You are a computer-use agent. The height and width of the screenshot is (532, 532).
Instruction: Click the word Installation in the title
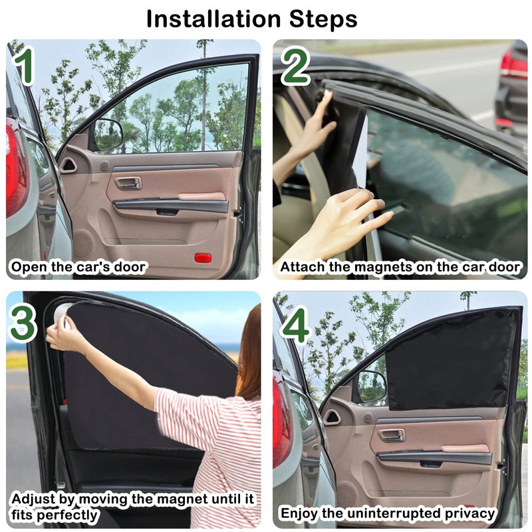click(x=213, y=19)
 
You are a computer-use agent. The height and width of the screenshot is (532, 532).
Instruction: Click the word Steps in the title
click(x=323, y=19)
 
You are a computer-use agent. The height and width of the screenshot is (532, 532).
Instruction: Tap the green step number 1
click(x=24, y=65)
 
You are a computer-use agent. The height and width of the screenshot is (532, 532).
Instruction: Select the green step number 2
click(x=295, y=66)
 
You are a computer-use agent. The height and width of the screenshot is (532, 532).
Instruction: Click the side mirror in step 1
click(x=108, y=134)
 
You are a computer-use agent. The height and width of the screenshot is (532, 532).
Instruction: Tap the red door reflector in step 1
click(x=203, y=257)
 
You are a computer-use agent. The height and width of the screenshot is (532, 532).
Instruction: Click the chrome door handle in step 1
click(x=128, y=184)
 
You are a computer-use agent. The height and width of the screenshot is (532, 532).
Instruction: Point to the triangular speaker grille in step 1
click(x=68, y=165)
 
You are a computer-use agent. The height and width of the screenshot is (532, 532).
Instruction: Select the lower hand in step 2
click(x=350, y=217)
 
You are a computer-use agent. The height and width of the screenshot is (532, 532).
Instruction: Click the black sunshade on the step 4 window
click(x=453, y=360)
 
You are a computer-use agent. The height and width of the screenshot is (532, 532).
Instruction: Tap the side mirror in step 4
click(x=371, y=388)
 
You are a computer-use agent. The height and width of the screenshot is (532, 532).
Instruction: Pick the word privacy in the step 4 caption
click(x=470, y=513)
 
